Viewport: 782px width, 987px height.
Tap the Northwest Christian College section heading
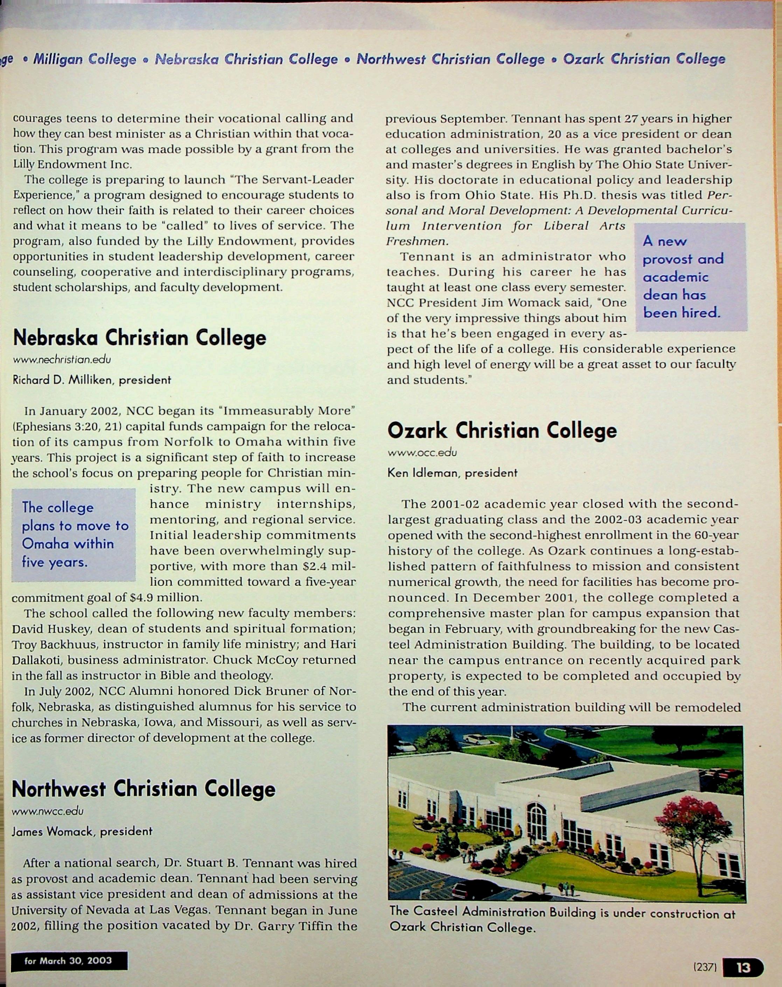[x=143, y=788]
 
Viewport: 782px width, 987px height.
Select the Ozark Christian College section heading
[x=502, y=431]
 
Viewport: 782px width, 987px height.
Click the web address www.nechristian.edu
[x=62, y=360]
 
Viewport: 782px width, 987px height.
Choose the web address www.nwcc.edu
[x=48, y=811]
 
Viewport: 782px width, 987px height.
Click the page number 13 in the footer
[x=743, y=967]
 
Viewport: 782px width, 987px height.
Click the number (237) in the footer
[x=705, y=967]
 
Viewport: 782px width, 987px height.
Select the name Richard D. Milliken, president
[x=92, y=380]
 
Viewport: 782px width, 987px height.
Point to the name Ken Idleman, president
[x=452, y=473]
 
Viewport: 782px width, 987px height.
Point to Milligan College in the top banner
[x=85, y=59]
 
